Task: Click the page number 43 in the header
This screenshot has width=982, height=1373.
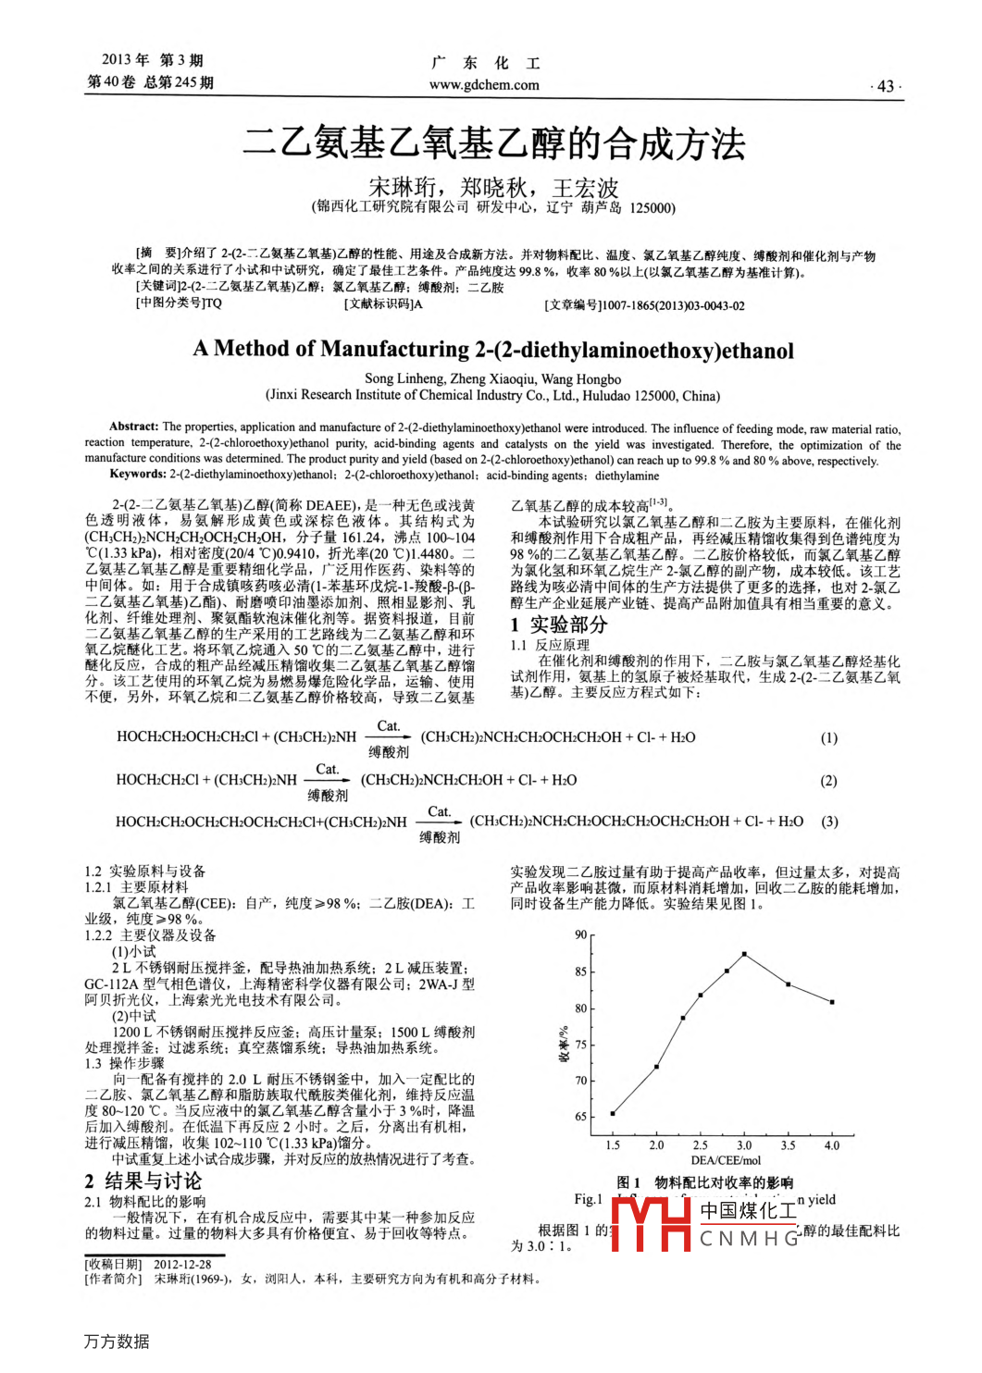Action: (x=885, y=86)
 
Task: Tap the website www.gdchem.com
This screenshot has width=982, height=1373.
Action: (x=484, y=85)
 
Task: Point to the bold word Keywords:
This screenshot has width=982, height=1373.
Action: (x=138, y=475)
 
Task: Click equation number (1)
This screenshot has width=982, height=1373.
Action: (x=829, y=738)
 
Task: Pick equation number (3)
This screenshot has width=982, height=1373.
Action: (x=829, y=822)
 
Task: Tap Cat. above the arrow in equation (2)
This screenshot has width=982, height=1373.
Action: (x=328, y=770)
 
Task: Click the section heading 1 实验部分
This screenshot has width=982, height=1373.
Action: (x=559, y=625)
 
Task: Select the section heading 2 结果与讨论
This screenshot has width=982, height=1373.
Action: (x=143, y=1181)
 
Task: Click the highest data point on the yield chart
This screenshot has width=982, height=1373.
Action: (x=744, y=954)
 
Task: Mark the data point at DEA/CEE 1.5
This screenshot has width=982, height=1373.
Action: (x=613, y=1113)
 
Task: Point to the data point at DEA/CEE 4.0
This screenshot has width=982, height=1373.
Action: (x=832, y=1002)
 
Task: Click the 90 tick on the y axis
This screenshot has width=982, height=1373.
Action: (x=581, y=935)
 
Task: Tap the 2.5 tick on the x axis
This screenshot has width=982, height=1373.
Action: (x=701, y=1145)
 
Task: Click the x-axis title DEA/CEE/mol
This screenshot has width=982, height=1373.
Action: (x=726, y=1160)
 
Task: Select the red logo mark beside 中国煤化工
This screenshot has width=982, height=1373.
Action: (x=652, y=1223)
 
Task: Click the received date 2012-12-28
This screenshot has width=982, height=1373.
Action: (x=182, y=1264)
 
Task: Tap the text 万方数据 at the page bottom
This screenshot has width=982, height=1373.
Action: (x=117, y=1342)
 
